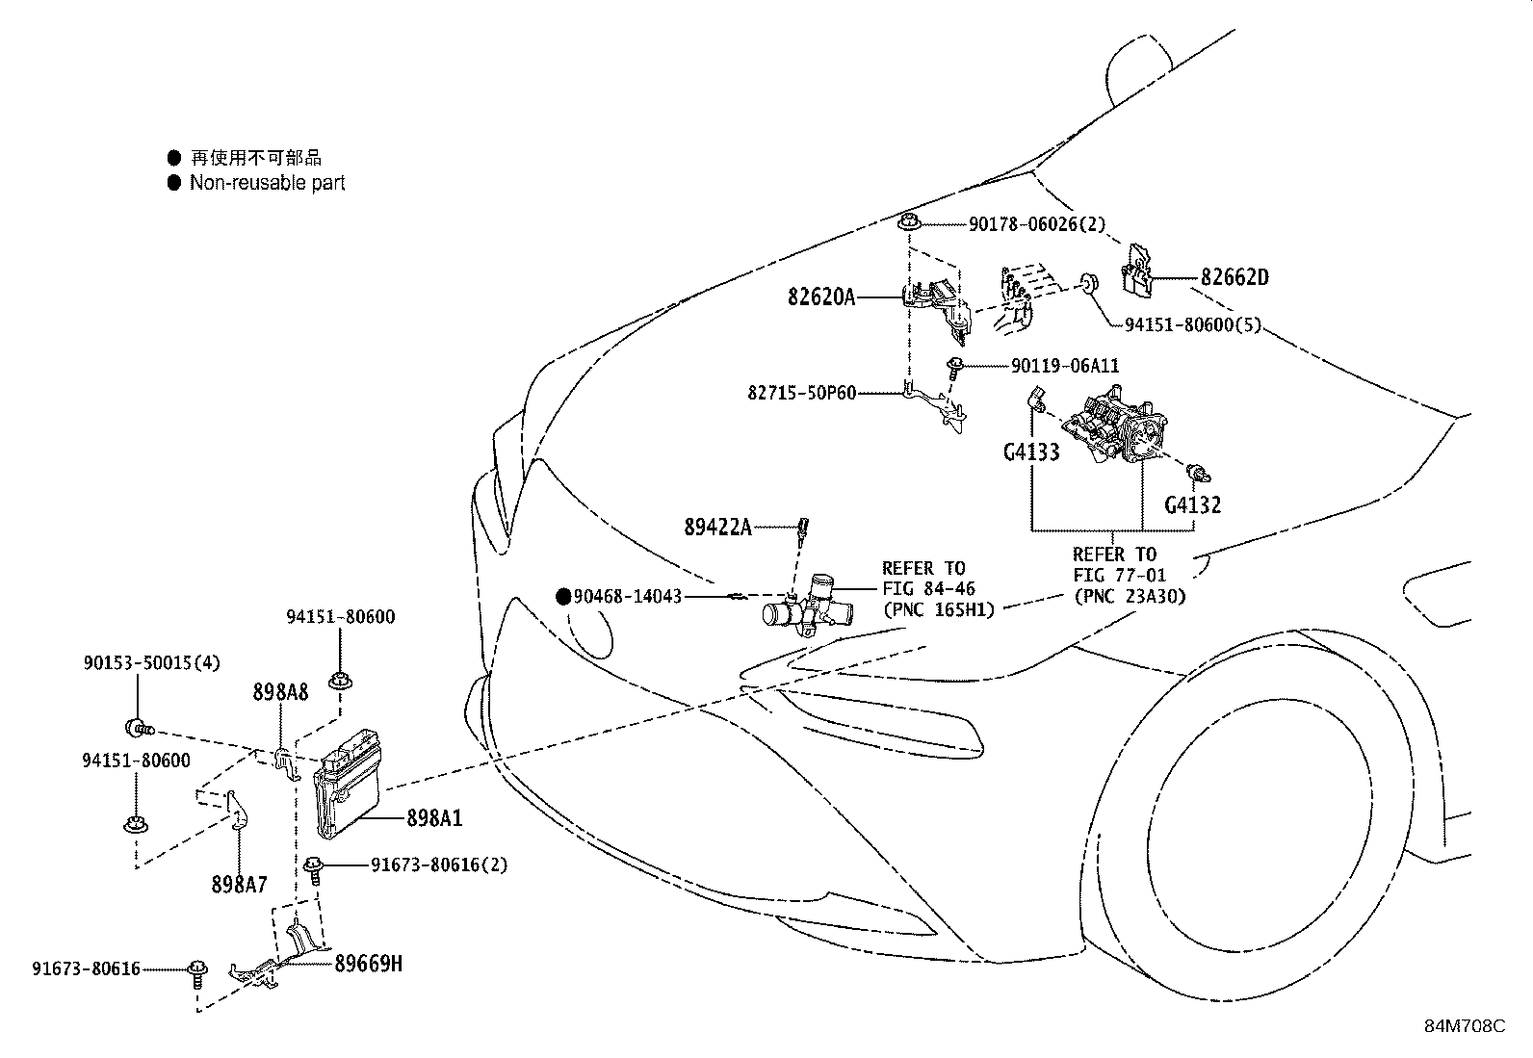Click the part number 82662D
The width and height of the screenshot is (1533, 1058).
1234,278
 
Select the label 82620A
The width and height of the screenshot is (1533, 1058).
820,297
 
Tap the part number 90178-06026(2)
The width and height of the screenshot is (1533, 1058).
1036,224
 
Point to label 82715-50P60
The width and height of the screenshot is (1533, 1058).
801,393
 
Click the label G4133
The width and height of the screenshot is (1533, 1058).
1030,452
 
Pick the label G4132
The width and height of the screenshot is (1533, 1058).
1192,504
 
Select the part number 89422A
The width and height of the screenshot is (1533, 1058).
717,527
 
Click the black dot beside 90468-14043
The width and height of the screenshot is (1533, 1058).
563,597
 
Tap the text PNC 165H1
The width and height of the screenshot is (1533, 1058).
939,609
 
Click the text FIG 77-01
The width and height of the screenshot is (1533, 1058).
1119,575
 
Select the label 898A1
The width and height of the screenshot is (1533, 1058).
433,818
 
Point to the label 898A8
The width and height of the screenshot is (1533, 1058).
280,691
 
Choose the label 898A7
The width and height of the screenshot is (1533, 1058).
240,883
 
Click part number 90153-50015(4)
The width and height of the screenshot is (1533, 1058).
151,663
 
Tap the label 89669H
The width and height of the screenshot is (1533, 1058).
369,962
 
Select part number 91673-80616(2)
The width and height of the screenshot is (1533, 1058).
438,864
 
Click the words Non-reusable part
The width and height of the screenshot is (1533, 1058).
267,183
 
